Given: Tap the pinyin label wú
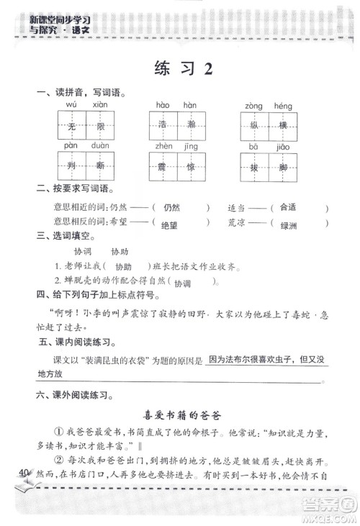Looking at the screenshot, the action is [x=71, y=105].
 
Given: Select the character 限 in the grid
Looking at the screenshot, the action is [x=100, y=127].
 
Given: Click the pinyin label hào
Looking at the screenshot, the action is [x=163, y=105].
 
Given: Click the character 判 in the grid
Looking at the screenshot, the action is [x=71, y=166].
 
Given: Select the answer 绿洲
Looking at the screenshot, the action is [x=288, y=225].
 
